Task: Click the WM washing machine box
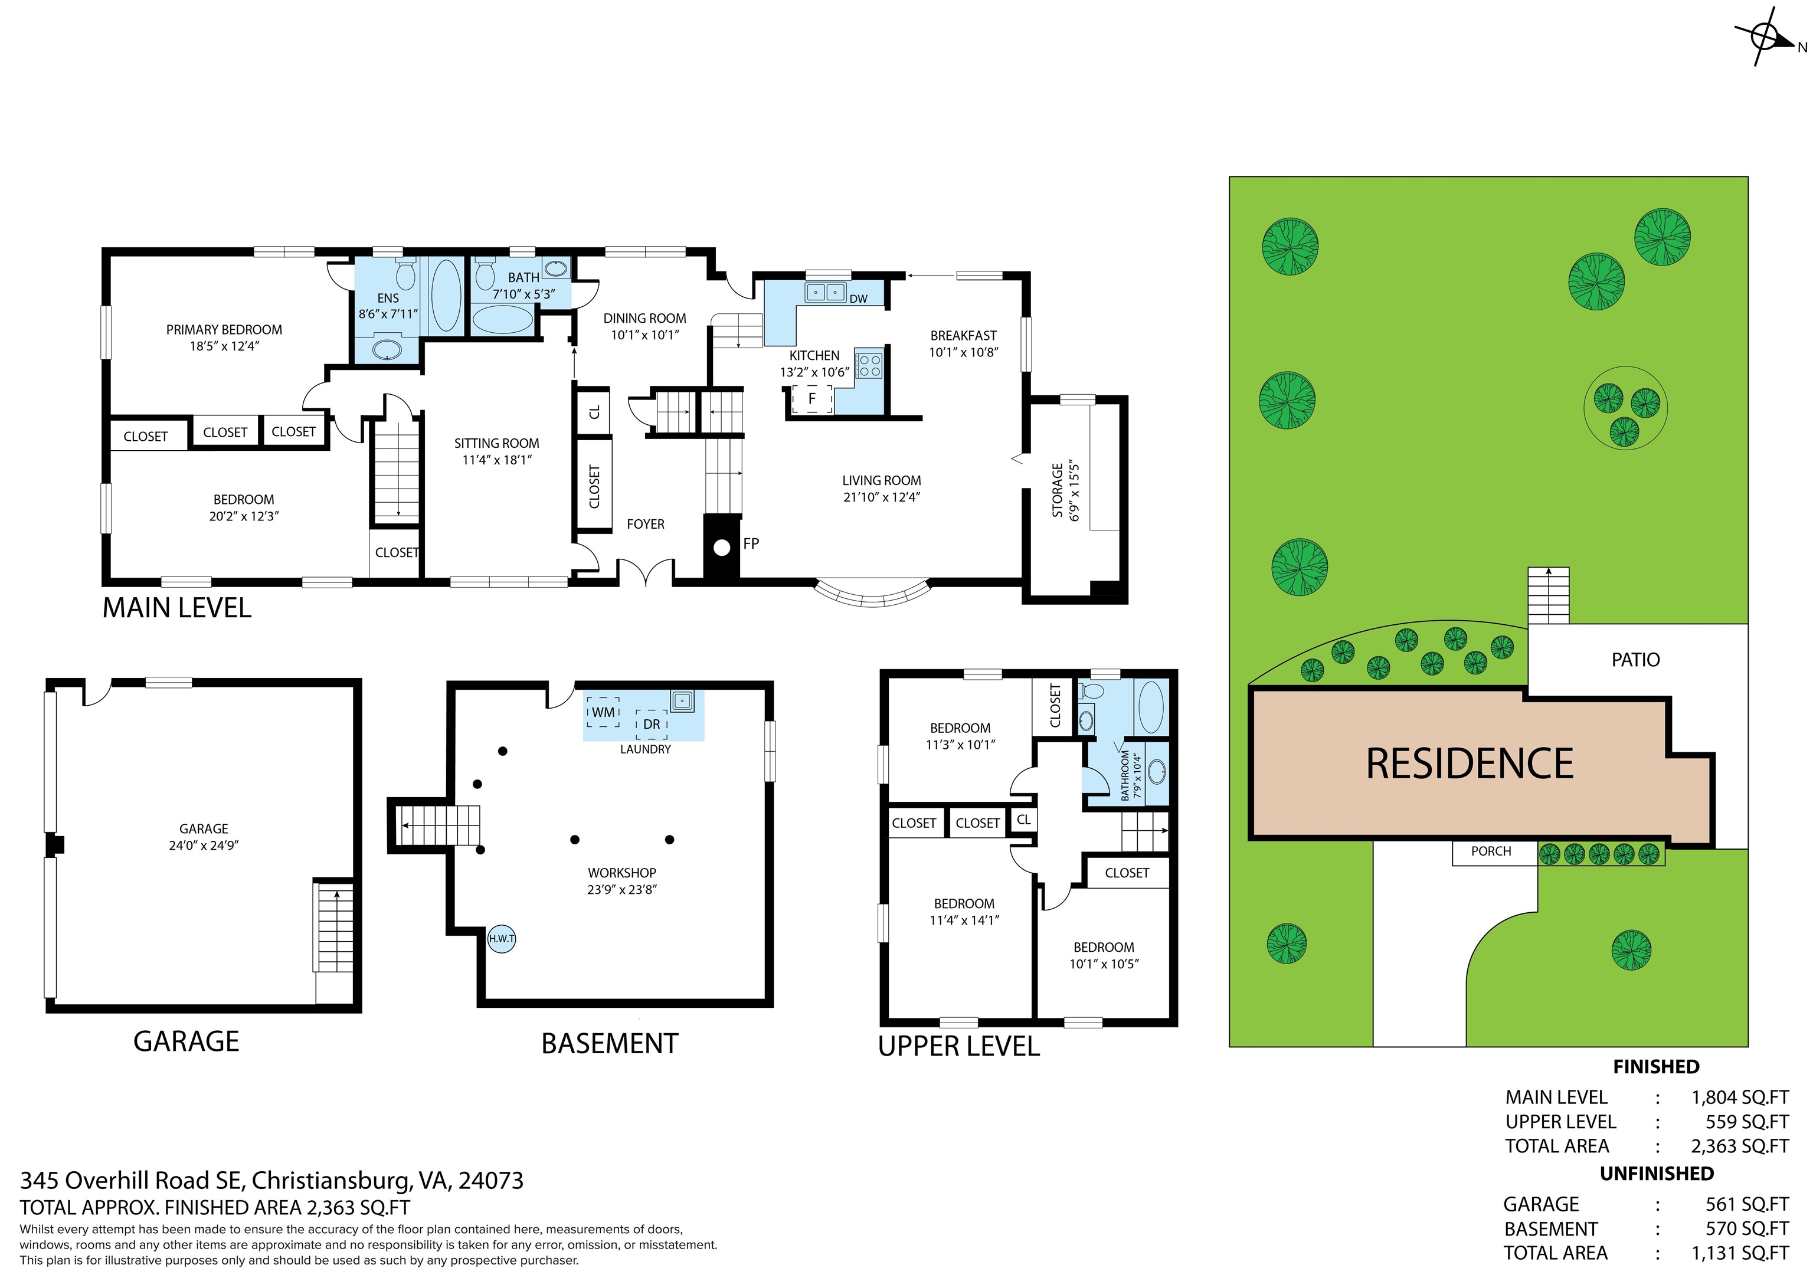tap(603, 712)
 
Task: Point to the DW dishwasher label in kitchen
tap(858, 299)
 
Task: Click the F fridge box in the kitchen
tap(811, 399)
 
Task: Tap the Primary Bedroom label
tap(224, 330)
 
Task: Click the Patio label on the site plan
tap(1635, 660)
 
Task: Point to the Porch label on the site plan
tap(1491, 851)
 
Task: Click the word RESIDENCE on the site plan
tap(1470, 764)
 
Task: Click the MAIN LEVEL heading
tap(177, 608)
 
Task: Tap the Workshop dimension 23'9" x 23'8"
tap(621, 890)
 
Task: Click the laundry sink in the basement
tap(682, 699)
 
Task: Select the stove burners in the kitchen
tap(869, 365)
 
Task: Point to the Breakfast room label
tap(963, 335)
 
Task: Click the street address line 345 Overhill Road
tap(271, 1181)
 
